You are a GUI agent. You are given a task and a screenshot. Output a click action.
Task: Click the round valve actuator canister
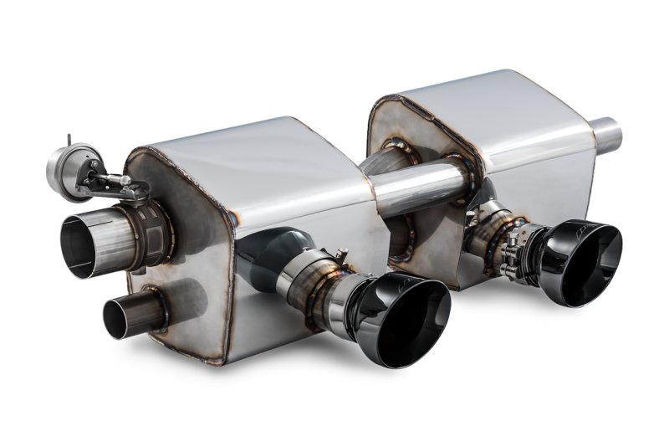pos(67,167)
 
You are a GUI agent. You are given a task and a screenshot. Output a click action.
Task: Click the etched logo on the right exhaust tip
pos(579,227)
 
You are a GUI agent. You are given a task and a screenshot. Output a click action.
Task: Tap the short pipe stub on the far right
pos(606,136)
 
